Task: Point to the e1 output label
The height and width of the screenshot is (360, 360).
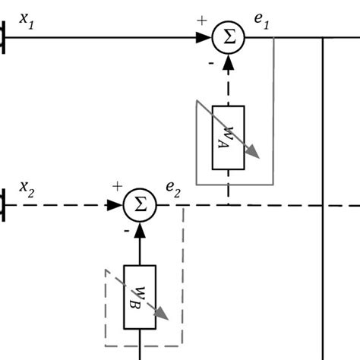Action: coord(262,22)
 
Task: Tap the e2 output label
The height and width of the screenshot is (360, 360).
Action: coord(173,188)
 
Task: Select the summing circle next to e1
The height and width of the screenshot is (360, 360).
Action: coord(228,37)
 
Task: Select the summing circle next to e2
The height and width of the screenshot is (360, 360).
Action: coord(140,204)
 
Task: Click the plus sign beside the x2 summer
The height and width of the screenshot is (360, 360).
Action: coord(117,186)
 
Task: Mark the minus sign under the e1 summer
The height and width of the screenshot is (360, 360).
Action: coord(210,64)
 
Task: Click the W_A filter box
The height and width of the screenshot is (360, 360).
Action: coord(228,137)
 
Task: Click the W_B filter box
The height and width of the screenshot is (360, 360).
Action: coord(140,297)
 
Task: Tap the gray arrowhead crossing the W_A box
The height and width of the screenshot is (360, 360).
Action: coord(253,153)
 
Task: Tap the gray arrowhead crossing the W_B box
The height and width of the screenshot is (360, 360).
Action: coord(161,314)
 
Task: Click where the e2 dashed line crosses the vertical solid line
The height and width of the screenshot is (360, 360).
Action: coord(324,204)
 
